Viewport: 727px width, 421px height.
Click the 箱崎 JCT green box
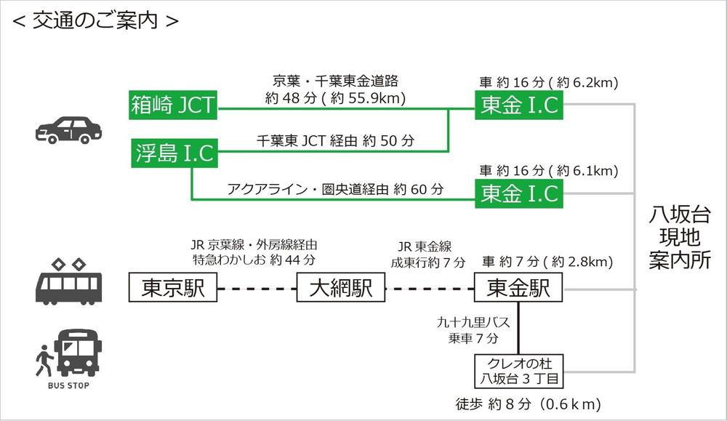point(172,105)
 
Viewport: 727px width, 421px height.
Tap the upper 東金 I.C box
point(519,105)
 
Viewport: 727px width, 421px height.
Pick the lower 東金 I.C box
point(519,193)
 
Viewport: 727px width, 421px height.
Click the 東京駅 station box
point(172,289)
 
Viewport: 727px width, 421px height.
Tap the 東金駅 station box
point(519,289)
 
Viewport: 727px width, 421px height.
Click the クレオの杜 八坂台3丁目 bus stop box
point(519,371)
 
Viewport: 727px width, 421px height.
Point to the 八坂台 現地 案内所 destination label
point(679,237)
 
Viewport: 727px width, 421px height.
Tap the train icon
point(69,284)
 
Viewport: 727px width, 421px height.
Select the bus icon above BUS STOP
point(79,352)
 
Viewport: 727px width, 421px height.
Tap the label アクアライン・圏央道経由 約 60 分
point(335,188)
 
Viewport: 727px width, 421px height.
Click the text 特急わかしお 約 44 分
point(254,260)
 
